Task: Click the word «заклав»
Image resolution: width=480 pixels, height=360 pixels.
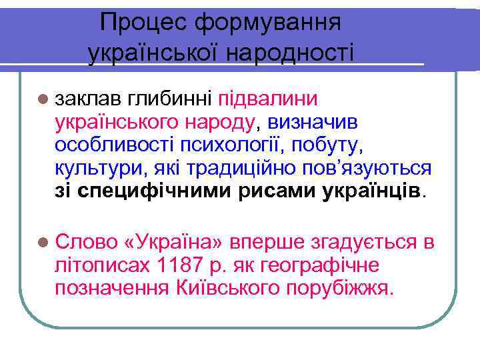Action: click(x=85, y=99)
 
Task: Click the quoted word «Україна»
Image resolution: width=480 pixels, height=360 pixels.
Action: click(x=178, y=241)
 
